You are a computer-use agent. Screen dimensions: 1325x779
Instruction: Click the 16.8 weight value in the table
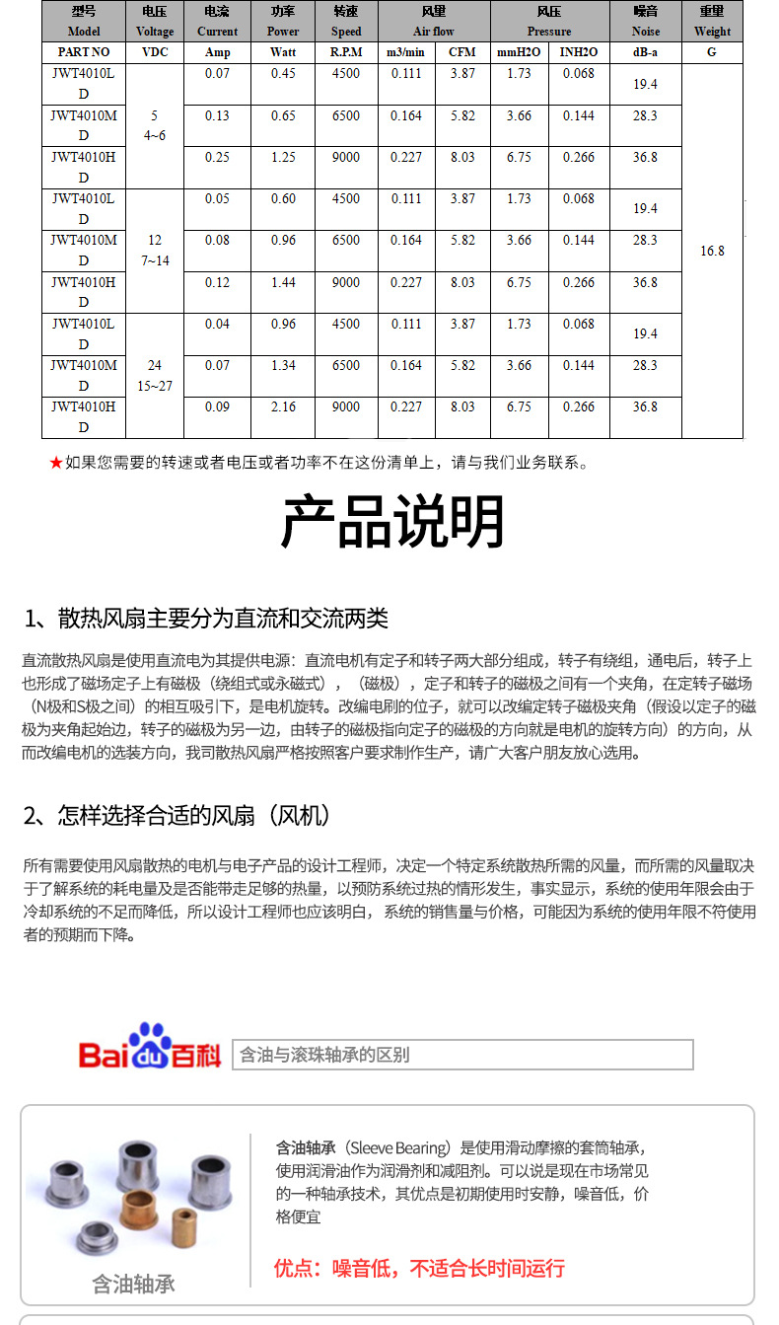pos(712,251)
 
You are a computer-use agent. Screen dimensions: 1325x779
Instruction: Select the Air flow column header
pos(434,22)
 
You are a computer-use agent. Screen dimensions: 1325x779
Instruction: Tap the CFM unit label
pos(462,52)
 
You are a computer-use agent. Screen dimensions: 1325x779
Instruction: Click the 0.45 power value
pos(283,74)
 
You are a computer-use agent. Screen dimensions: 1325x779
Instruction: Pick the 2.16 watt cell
pos(283,406)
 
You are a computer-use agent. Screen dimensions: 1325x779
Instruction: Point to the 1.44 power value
pos(283,282)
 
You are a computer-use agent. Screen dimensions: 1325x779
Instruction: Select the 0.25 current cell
pos(217,157)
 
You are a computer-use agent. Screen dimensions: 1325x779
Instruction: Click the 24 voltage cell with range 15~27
pos(155,375)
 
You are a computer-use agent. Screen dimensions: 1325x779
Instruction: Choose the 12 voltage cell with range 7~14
pos(155,251)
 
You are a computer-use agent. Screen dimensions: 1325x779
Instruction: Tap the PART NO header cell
pos(84,52)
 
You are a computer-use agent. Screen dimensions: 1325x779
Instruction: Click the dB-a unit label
pos(646,52)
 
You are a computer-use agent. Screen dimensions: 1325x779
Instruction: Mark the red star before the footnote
pos(56,462)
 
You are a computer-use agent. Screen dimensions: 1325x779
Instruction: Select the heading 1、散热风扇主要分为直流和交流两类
pos(206,619)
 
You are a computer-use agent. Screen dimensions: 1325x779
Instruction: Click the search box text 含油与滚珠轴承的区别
pos(324,1055)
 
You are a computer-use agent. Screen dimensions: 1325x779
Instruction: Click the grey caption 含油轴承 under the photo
pos(133,1284)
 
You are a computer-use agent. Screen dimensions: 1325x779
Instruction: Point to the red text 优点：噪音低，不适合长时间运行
pos(419,1268)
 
